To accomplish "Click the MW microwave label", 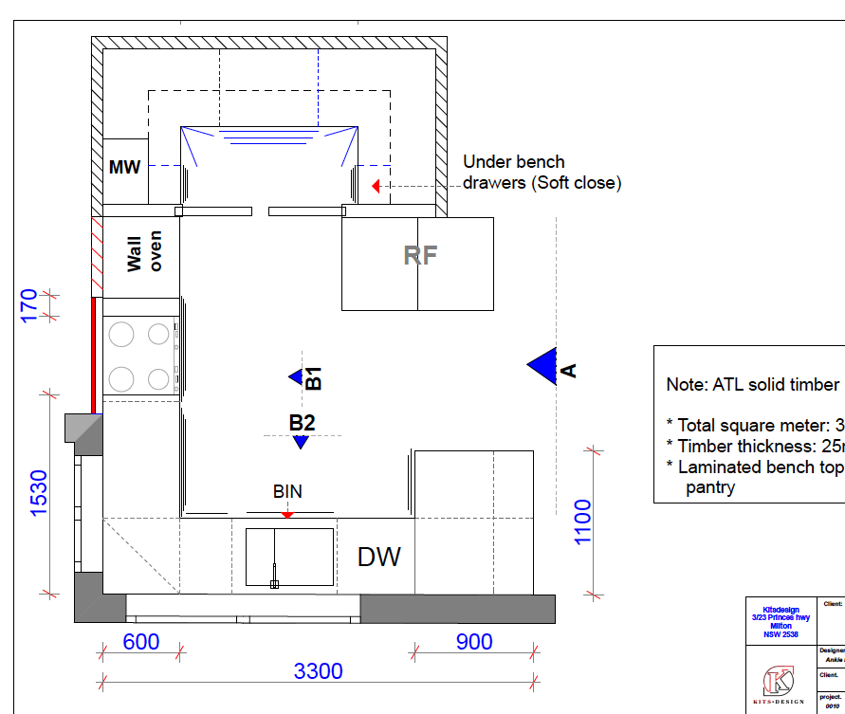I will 124,168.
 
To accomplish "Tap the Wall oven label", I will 144,251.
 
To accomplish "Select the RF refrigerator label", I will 420,255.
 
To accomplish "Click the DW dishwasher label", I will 378,557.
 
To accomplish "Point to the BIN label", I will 287,492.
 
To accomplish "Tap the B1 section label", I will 314,377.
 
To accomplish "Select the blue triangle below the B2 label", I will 301,442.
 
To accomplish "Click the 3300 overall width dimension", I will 318,671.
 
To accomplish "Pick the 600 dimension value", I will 141,642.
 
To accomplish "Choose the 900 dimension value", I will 474,642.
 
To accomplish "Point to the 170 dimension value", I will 29,306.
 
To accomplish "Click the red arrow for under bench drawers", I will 376,186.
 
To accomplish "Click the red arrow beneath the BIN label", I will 287,514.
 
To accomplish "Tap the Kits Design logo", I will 779,682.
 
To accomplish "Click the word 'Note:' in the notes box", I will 690,385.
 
